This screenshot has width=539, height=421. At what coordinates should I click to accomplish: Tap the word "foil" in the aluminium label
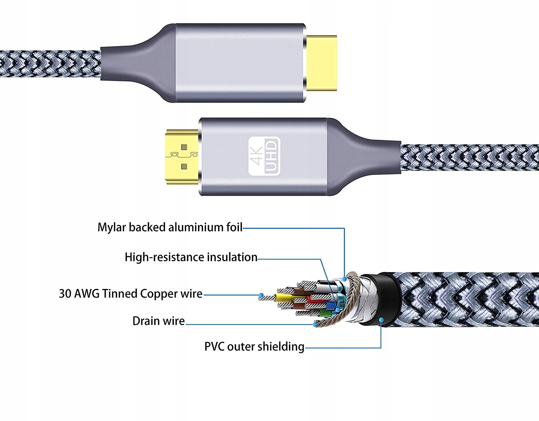[x=234, y=227]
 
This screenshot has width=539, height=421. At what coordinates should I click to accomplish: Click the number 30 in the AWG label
[x=65, y=294]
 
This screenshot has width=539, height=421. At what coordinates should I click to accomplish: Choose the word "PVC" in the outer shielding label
[x=215, y=347]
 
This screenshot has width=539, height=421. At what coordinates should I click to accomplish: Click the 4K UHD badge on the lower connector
[x=264, y=156]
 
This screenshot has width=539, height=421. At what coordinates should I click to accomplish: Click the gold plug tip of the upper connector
[x=321, y=63]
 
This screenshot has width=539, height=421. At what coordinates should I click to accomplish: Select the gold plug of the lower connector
[x=182, y=156]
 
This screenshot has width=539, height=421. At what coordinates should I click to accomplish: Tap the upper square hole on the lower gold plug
[x=184, y=147]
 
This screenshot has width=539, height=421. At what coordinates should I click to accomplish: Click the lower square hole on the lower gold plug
[x=184, y=166]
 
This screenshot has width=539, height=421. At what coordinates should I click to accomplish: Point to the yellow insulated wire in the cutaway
[x=284, y=298]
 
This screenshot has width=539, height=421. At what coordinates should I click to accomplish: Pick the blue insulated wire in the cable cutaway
[x=331, y=306]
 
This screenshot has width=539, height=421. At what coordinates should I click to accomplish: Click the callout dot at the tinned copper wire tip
[x=261, y=296]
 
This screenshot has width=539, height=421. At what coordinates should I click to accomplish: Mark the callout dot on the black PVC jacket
[x=382, y=320]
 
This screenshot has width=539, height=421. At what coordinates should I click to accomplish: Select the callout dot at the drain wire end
[x=315, y=325]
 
